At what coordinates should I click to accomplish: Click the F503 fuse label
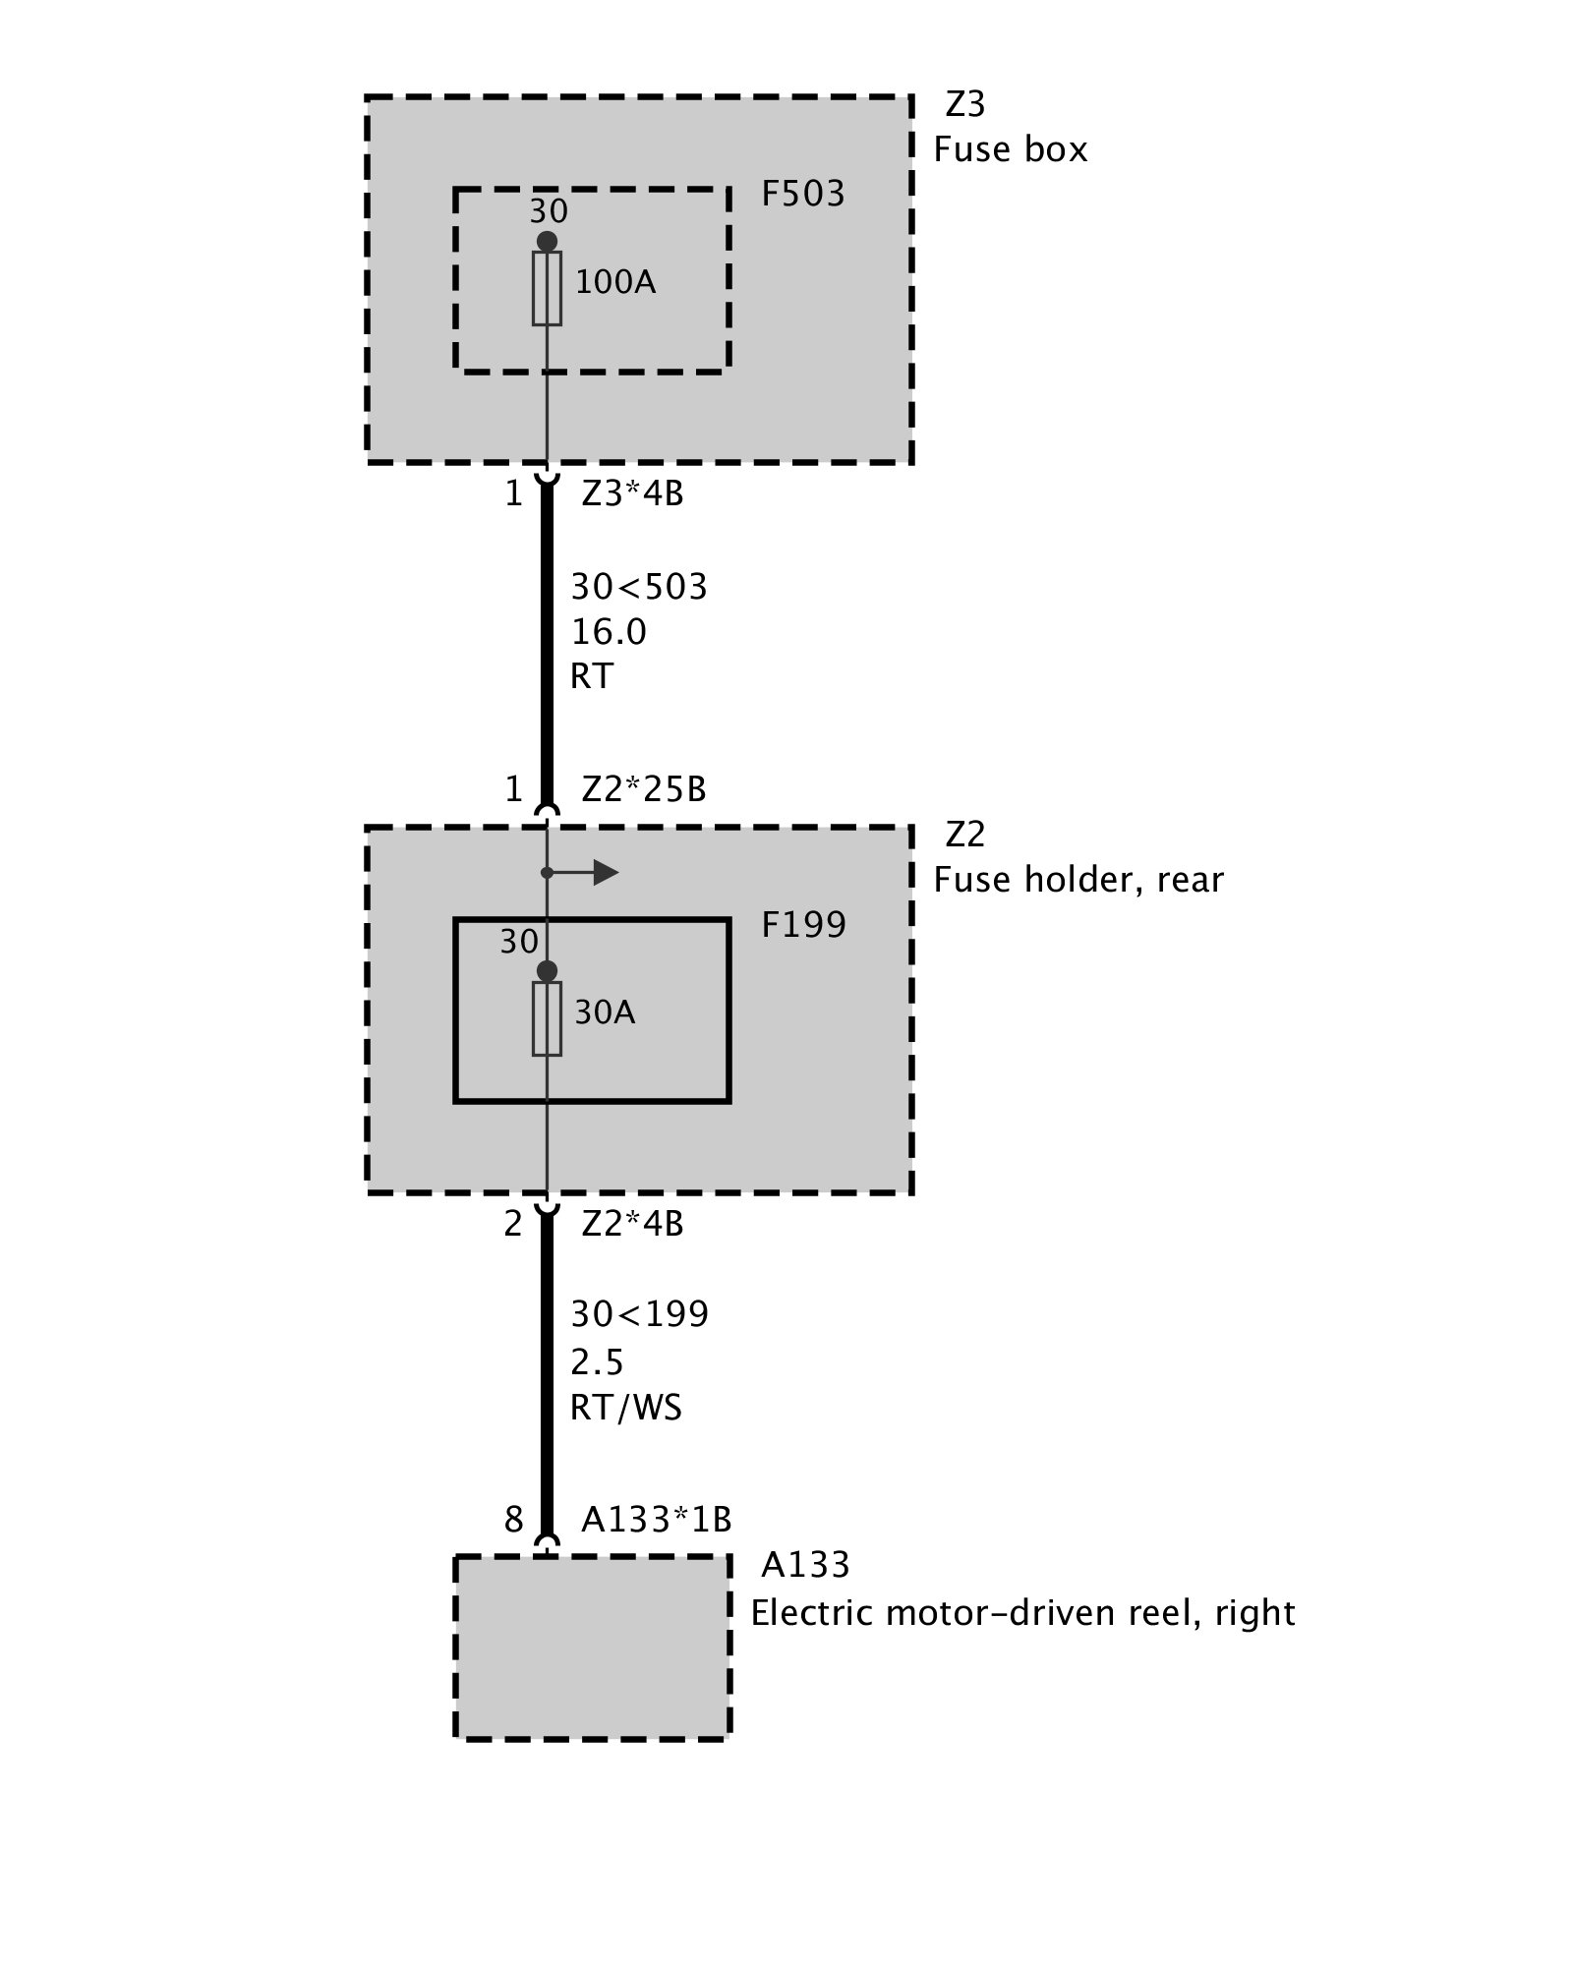pos(802,195)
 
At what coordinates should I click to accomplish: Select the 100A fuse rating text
pos(614,283)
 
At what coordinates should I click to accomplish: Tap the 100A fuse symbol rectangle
pos(547,288)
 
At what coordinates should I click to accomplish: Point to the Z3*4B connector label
pos(632,492)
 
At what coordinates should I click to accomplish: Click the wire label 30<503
pos(639,587)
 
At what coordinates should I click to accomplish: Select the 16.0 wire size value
pos(609,632)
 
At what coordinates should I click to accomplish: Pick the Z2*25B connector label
pos(644,789)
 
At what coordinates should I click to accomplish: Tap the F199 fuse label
pos(803,925)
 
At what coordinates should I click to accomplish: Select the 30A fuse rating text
pos(605,1012)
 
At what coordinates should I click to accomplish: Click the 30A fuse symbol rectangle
pos(547,1018)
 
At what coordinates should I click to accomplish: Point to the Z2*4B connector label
pos(632,1224)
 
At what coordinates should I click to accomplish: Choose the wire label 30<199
pos(639,1314)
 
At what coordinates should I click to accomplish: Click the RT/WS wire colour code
pos(625,1408)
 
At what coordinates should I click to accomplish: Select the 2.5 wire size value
pos(597,1362)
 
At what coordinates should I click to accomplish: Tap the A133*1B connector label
pos(656,1520)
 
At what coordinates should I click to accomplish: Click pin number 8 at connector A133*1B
pos(513,1520)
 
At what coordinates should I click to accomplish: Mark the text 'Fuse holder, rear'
pos(1078,880)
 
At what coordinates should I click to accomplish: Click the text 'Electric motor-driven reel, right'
pos(1022,1613)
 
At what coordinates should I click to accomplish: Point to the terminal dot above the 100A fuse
pos(547,242)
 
